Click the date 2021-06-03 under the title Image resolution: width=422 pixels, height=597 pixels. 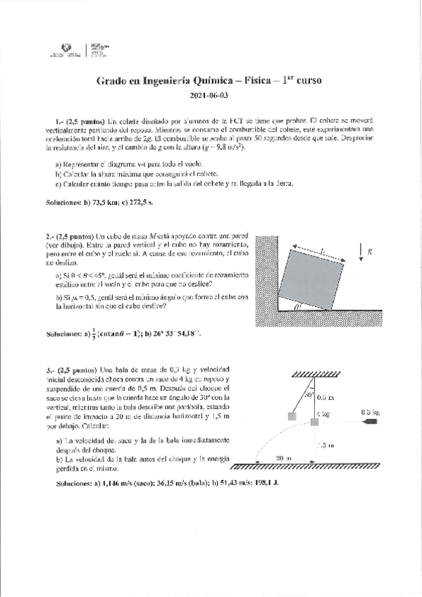[x=209, y=95]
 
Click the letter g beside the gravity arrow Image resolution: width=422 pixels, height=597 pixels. [x=371, y=250]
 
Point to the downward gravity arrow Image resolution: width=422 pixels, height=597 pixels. [x=360, y=251]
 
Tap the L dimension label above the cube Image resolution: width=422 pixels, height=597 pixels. [x=322, y=249]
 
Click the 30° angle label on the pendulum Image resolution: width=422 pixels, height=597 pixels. [x=309, y=396]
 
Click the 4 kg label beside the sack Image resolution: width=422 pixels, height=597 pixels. [x=323, y=414]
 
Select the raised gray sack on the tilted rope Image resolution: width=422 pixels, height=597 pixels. [x=291, y=417]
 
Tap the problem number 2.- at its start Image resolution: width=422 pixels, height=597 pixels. [x=49, y=236]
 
